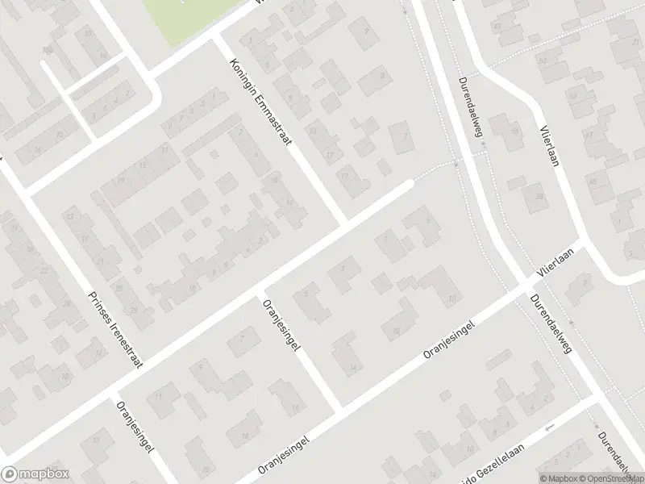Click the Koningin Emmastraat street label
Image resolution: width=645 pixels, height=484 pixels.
click(x=260, y=102)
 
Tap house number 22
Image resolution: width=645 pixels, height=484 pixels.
click(x=44, y=269)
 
